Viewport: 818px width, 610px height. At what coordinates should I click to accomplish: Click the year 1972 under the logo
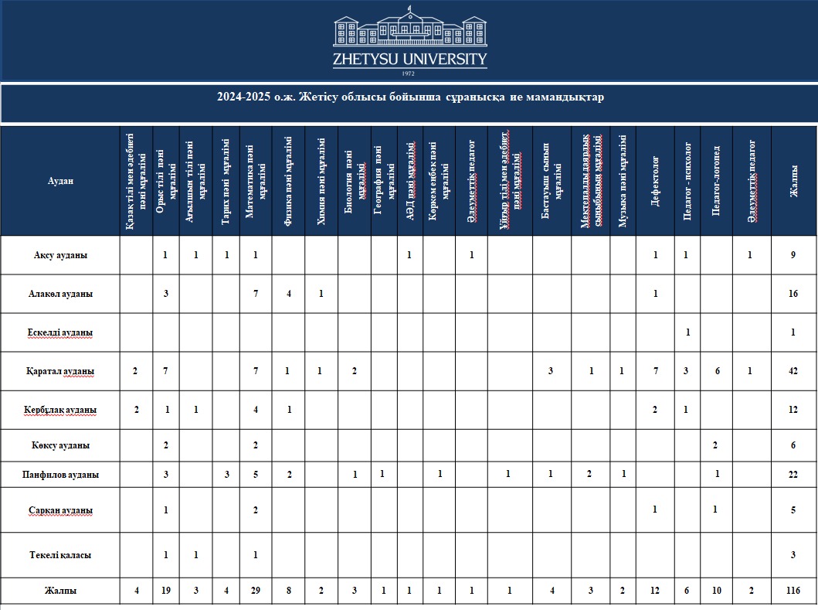point(409,73)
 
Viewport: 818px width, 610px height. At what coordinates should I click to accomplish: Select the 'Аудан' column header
point(60,181)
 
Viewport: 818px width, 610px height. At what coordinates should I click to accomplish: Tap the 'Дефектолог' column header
point(654,181)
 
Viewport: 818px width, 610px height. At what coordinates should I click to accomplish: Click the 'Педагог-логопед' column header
point(717,181)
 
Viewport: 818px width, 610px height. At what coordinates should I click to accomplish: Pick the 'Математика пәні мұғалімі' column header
point(255,181)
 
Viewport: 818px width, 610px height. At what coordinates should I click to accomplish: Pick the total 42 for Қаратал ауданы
point(793,371)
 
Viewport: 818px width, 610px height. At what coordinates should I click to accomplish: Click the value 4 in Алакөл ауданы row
point(289,294)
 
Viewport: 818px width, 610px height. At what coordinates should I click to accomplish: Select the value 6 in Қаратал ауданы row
point(717,371)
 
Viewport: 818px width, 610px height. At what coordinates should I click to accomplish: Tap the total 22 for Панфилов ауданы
point(793,474)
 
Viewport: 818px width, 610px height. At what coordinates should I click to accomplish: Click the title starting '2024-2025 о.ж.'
point(409,97)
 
